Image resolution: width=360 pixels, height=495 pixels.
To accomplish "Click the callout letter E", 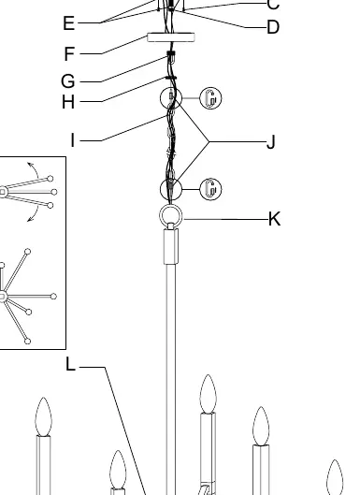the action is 69,23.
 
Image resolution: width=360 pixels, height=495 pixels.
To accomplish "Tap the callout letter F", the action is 69,53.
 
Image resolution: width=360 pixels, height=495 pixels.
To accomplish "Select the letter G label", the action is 68,81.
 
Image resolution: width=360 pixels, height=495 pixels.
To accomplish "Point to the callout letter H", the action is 68,102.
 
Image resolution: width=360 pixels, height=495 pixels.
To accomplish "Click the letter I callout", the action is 73,139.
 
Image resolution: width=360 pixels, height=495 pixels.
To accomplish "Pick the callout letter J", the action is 271,141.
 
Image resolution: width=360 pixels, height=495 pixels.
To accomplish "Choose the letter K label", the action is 274,219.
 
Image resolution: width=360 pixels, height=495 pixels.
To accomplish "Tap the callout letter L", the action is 71,364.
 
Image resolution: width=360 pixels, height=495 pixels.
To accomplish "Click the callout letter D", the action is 273,27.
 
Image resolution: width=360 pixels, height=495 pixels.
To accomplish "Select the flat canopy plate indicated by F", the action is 171,37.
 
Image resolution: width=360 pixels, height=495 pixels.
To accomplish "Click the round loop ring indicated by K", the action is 171,205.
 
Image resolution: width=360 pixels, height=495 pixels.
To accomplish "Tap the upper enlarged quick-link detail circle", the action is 210,98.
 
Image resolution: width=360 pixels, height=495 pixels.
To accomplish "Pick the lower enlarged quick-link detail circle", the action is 210,189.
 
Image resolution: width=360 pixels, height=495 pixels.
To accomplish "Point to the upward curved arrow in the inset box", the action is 36,168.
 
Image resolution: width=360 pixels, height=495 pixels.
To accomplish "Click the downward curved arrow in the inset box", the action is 36,214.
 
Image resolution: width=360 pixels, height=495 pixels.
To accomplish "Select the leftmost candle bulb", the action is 43,417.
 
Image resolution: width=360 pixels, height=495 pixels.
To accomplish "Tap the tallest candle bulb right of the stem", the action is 209,394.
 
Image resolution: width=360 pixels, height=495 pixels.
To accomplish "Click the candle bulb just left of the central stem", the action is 118,471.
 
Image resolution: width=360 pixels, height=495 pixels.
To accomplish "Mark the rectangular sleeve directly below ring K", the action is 171,246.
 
